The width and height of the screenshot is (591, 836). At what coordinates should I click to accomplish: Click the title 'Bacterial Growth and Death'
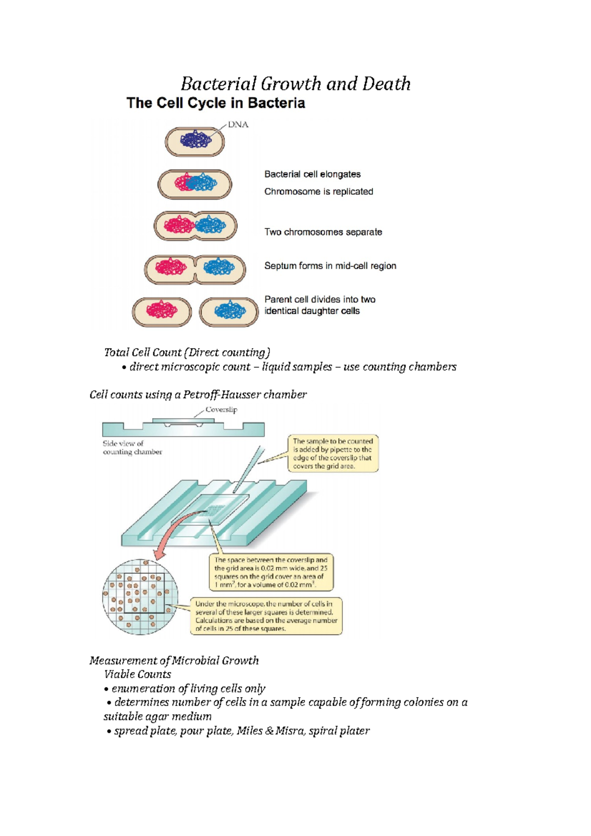pyautogui.click(x=295, y=84)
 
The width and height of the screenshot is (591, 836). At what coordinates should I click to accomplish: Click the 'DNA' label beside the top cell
pyautogui.click(x=238, y=125)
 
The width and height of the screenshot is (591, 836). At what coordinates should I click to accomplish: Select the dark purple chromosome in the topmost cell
pyautogui.click(x=196, y=140)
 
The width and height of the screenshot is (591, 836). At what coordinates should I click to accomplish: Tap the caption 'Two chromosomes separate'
pyautogui.click(x=323, y=232)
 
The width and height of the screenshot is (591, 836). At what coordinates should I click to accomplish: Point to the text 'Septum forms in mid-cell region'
pyautogui.click(x=330, y=266)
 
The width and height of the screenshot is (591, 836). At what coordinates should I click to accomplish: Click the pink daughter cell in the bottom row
pyautogui.click(x=162, y=312)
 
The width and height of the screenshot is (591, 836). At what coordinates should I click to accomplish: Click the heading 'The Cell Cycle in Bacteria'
pyautogui.click(x=216, y=103)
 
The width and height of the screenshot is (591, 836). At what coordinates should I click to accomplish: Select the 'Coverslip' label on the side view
pyautogui.click(x=221, y=410)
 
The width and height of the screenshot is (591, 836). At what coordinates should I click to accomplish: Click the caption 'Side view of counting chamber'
pyautogui.click(x=132, y=448)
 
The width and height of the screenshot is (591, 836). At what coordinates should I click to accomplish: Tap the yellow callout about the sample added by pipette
pyautogui.click(x=333, y=453)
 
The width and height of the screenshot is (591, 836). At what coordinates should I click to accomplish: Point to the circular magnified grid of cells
pyautogui.click(x=140, y=597)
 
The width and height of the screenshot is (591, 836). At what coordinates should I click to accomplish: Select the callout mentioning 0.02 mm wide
pyautogui.click(x=271, y=572)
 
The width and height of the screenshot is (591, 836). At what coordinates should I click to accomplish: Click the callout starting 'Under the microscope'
pyautogui.click(x=266, y=616)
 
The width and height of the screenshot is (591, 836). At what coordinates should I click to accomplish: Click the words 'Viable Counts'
pyautogui.click(x=137, y=675)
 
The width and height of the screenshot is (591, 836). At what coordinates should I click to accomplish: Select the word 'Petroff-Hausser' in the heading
pyautogui.click(x=221, y=395)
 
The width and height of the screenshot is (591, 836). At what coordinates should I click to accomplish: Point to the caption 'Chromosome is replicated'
pyautogui.click(x=319, y=192)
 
